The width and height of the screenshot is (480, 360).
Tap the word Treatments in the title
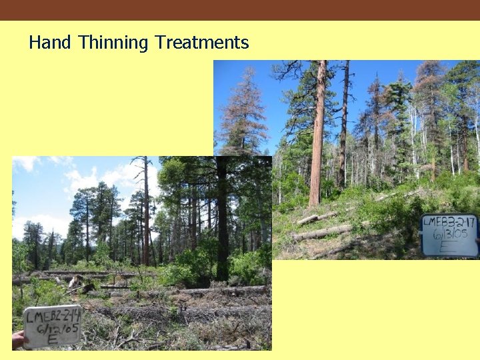[201, 43]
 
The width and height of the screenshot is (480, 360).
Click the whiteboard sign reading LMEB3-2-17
[449, 235]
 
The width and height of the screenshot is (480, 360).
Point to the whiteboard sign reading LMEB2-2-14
[51, 326]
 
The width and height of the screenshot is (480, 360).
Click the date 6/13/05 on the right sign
[449, 235]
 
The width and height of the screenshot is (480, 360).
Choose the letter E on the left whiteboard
[51, 339]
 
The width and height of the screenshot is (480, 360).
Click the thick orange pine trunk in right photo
[317, 133]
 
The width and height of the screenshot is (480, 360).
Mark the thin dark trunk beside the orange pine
[343, 127]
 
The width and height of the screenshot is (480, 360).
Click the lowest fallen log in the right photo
[321, 233]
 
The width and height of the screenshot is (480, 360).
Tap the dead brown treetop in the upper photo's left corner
[242, 107]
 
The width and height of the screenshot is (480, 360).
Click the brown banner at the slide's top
[240, 10]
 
